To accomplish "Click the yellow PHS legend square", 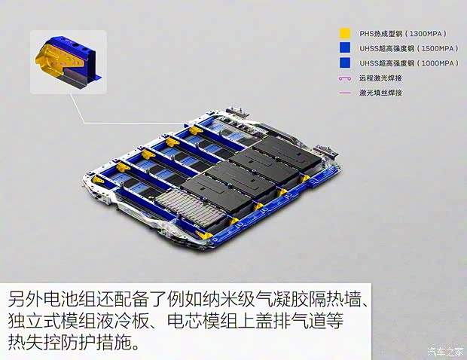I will click(x=346, y=34).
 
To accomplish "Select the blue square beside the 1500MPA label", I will click(x=346, y=48).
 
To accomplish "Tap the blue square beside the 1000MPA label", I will click(x=346, y=63).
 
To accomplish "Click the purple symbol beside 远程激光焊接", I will click(x=346, y=78).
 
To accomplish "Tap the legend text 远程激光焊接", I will click(x=381, y=78).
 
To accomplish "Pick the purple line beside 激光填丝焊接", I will click(x=346, y=93).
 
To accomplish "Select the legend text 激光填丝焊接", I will click(x=381, y=93).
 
